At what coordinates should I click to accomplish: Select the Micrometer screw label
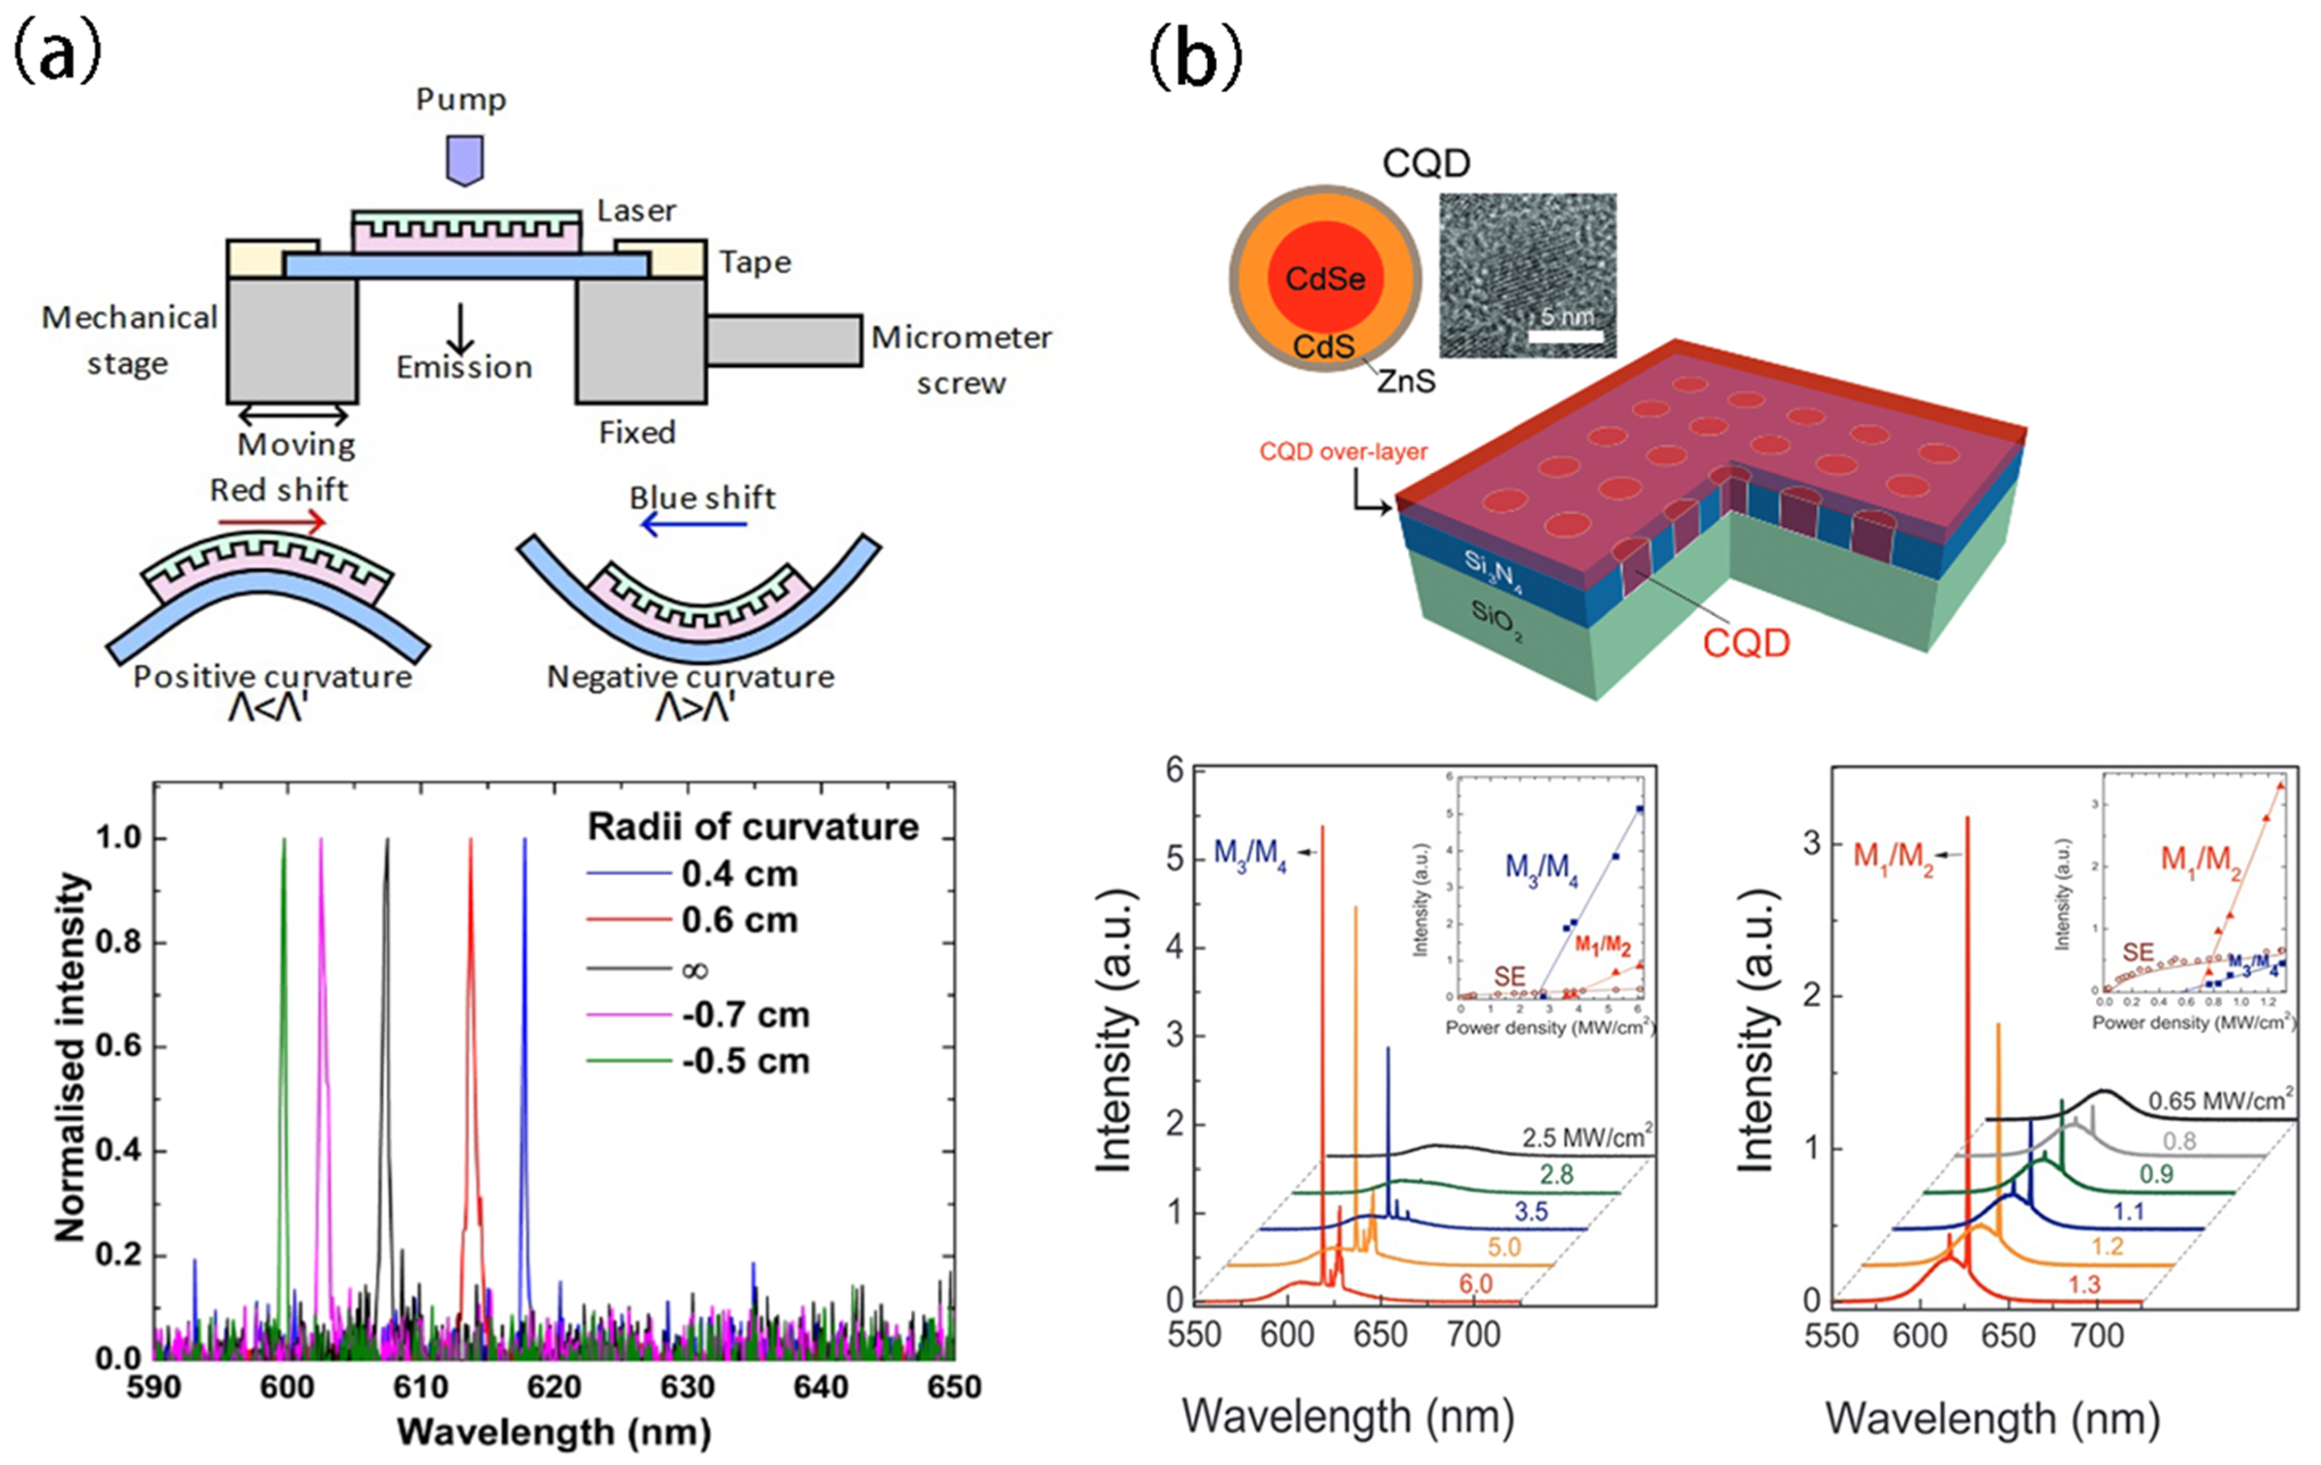point(961,360)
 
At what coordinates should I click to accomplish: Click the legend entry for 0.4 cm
point(738,874)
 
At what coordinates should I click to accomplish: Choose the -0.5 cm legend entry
point(744,1061)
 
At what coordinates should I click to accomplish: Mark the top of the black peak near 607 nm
point(388,840)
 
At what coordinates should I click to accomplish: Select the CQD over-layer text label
point(1343,451)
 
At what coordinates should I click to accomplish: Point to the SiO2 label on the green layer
point(1496,622)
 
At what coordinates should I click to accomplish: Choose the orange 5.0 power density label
point(1504,1247)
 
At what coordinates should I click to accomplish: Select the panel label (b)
point(1195,58)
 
